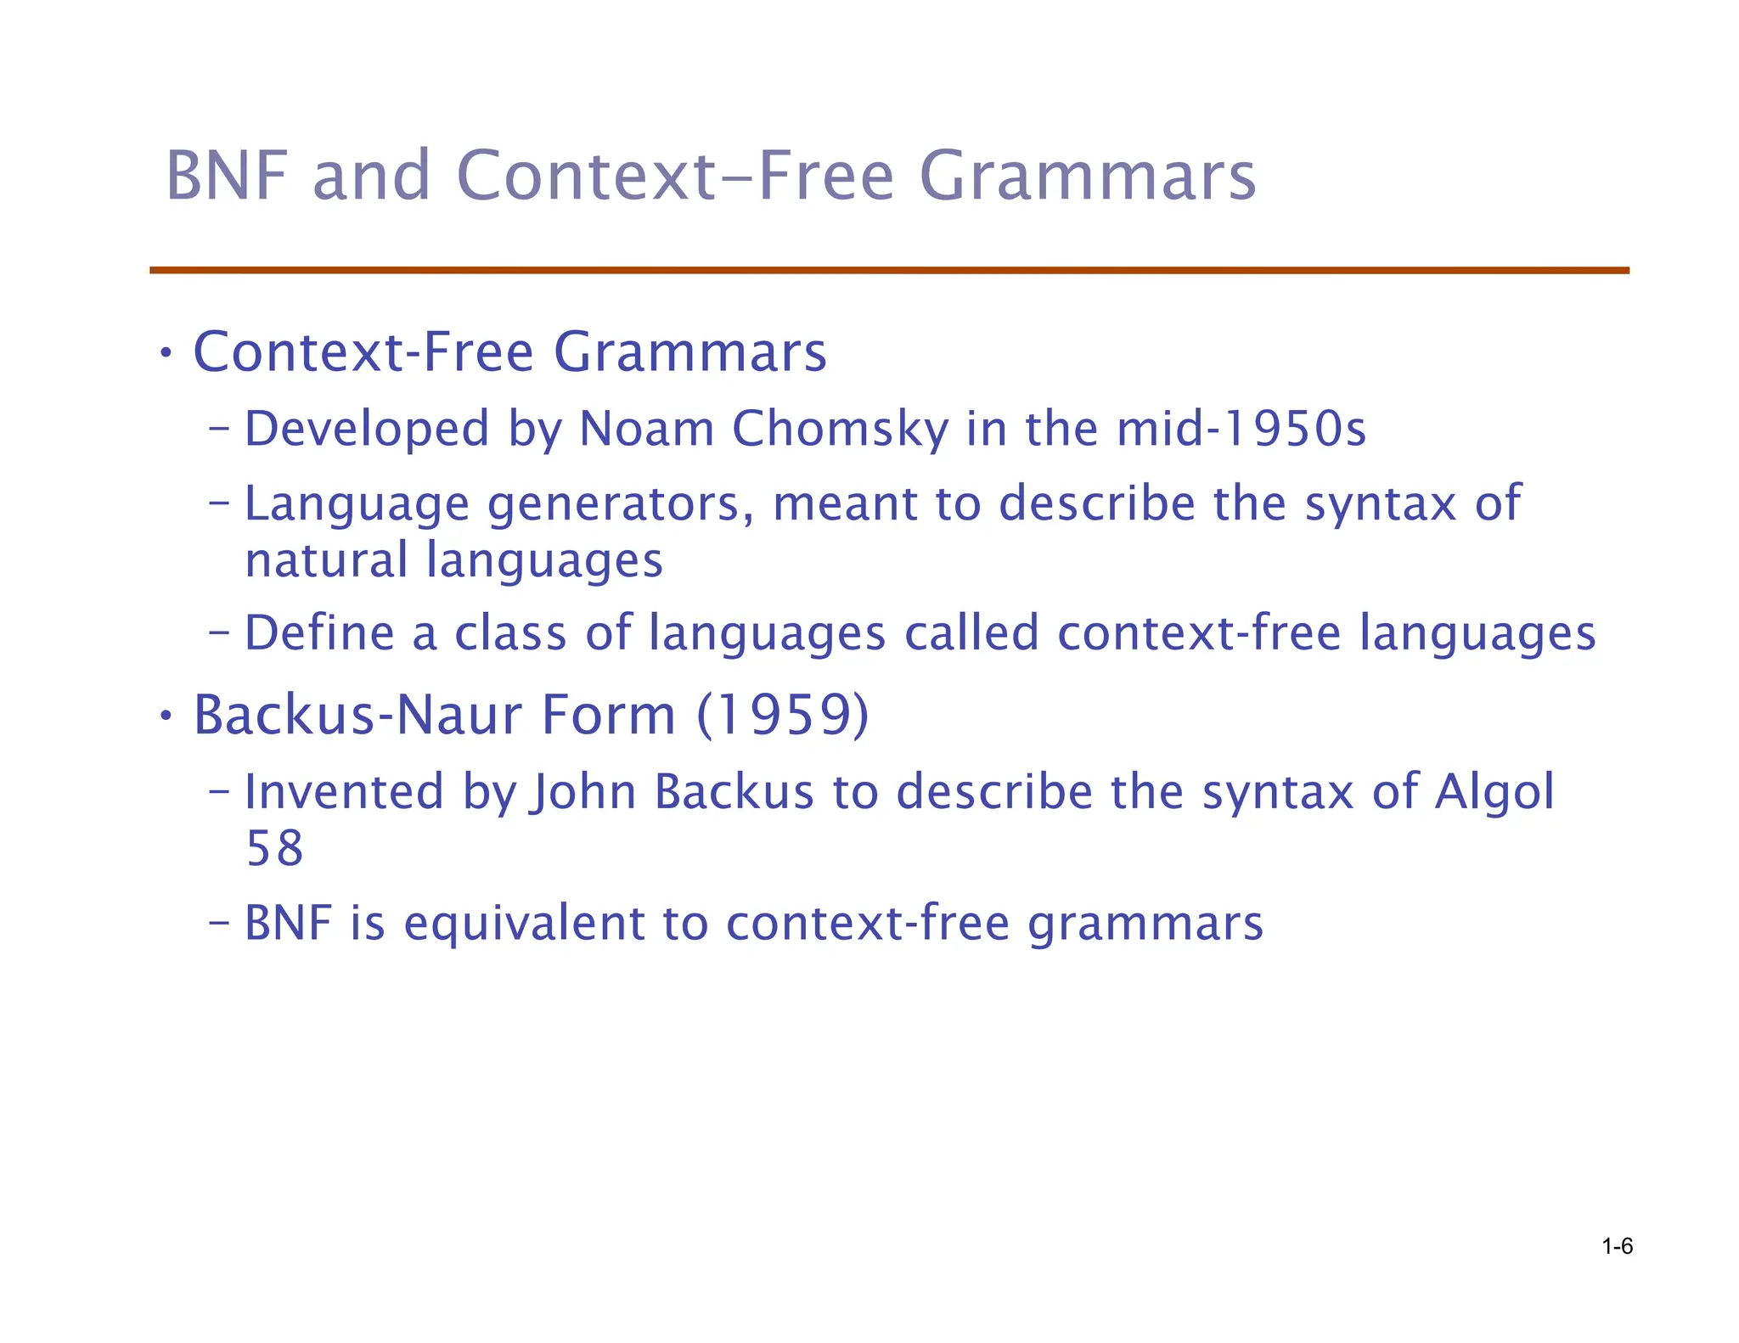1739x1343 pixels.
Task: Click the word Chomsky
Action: [x=839, y=429]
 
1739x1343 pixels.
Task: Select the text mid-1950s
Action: [x=1241, y=429]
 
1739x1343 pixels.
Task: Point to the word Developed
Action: [x=367, y=429]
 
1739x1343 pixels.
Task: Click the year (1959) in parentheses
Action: [x=783, y=715]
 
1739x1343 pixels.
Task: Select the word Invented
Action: [x=344, y=792]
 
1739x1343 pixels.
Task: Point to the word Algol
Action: [x=1494, y=792]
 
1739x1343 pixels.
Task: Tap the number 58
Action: [x=274, y=849]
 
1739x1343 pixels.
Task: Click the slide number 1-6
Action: [x=1617, y=1246]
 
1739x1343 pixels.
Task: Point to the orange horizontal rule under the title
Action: [x=889, y=271]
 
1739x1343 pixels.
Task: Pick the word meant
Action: [x=844, y=504]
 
